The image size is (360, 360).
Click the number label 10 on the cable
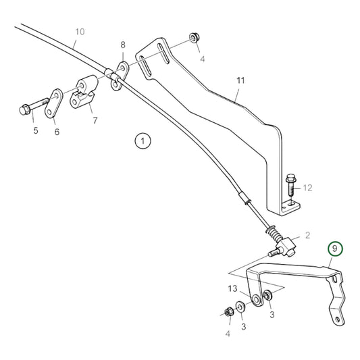(80, 32)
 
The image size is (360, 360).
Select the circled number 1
(143, 141)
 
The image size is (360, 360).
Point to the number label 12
(307, 188)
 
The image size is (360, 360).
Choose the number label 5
(36, 131)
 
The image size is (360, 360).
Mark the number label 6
(57, 132)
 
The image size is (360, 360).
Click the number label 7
(95, 122)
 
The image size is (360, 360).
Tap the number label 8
(122, 45)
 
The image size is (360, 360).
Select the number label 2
(307, 235)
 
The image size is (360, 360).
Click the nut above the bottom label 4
(228, 312)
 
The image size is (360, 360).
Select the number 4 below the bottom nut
(228, 332)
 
